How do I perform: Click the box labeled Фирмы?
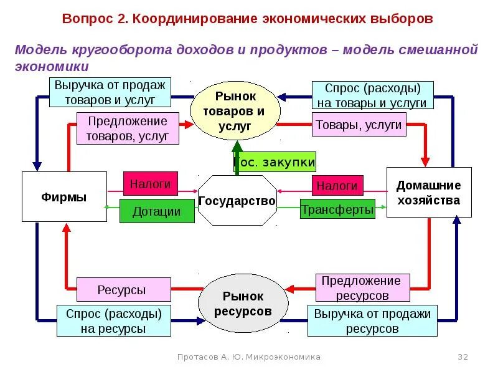point(64,196)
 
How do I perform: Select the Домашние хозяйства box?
point(428,192)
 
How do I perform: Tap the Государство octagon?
point(237,201)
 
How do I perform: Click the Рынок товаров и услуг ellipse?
point(235,110)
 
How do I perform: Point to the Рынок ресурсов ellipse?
point(243,304)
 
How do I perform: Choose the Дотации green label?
point(156,211)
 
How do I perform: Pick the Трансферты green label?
point(337,209)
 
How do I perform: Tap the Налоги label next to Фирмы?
point(150,184)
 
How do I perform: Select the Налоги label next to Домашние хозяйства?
point(337,186)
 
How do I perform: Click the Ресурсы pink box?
point(123,290)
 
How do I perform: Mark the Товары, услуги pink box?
point(359,125)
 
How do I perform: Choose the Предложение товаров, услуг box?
point(128,128)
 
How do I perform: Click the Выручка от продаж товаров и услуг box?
point(110,92)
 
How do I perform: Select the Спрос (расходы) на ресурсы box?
point(113,320)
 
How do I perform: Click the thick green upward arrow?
point(237,160)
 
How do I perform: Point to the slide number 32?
point(463,357)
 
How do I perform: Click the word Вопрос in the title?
point(85,18)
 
